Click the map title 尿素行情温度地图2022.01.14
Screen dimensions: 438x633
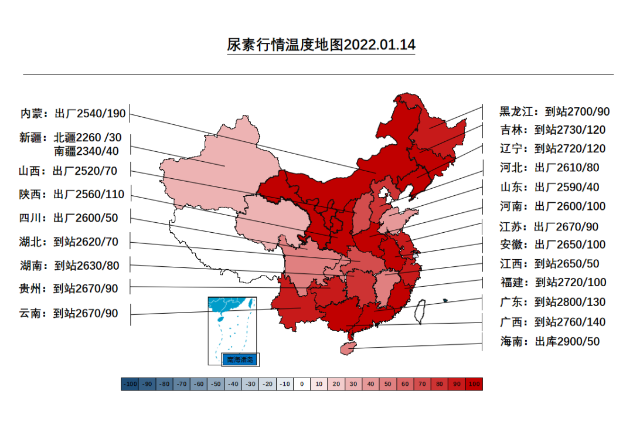point(321,45)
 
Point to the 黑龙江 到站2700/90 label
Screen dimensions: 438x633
point(554,111)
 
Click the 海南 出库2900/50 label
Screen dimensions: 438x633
point(550,341)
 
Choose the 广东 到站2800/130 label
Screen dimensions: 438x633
point(553,302)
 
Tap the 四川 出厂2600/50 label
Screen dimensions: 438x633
point(69,218)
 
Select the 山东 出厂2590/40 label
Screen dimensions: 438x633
point(550,187)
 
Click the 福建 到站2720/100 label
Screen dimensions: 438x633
point(553,283)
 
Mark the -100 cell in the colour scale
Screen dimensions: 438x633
point(130,384)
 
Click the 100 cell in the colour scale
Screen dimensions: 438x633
point(474,384)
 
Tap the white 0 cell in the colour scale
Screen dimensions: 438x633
point(302,384)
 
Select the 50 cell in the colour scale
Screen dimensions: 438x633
point(388,384)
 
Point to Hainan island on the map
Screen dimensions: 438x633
point(348,348)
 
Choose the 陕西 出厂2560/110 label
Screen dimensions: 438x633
point(72,195)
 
